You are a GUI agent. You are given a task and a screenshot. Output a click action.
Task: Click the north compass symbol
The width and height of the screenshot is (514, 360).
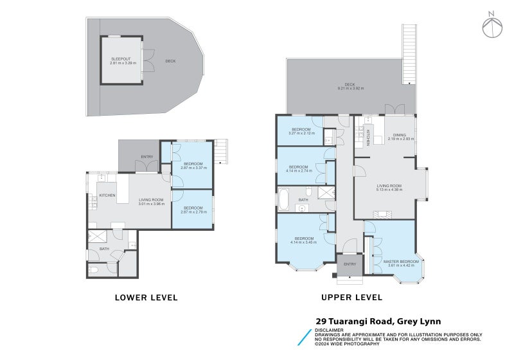pos(492,24)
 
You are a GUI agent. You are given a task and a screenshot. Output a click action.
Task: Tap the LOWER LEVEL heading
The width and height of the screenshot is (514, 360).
pos(146,298)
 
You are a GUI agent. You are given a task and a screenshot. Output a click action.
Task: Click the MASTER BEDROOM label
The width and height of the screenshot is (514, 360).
pos(401,262)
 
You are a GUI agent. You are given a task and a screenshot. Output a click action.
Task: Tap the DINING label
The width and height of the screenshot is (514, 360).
pos(400,135)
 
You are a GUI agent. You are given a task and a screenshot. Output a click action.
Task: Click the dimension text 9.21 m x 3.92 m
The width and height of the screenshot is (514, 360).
pos(350,88)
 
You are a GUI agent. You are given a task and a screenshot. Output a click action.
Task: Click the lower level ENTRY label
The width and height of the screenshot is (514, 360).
pos(146,157)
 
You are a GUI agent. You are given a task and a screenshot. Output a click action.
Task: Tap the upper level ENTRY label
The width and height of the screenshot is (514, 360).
pos(350,264)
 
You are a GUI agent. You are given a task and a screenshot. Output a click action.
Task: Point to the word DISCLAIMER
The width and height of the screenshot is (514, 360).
pos(329,330)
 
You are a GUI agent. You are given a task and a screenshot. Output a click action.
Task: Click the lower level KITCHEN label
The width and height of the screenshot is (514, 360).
pos(107,195)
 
